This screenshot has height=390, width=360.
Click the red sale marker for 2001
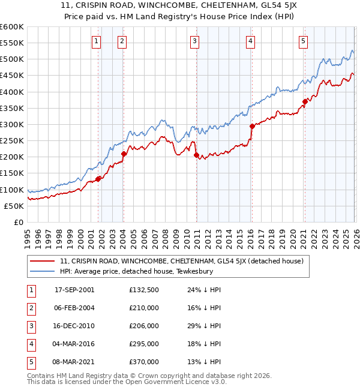(x=98, y=178)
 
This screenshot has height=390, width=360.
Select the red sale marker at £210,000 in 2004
(x=124, y=154)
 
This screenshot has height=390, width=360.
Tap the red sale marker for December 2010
(x=196, y=155)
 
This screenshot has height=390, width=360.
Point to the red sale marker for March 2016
(x=251, y=126)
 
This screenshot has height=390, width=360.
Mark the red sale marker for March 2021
(x=305, y=101)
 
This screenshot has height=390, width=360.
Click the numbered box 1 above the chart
(x=97, y=41)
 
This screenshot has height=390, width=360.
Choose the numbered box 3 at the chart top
(x=195, y=41)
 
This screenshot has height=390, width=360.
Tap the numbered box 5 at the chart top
(x=303, y=41)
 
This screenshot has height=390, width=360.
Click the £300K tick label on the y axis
(x=11, y=124)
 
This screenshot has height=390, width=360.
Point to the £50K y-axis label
(x=14, y=206)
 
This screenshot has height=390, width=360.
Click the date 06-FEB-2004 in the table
(x=74, y=308)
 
